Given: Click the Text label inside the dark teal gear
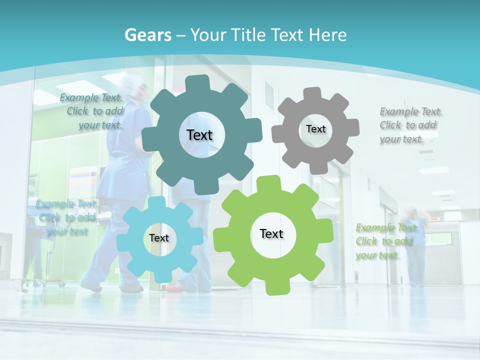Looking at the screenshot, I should (199, 135).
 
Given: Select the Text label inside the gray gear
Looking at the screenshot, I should (315, 129).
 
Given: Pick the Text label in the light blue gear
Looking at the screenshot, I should (159, 238).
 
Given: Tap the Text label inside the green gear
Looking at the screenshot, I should (271, 233).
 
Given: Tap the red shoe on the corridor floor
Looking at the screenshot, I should (172, 287).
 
